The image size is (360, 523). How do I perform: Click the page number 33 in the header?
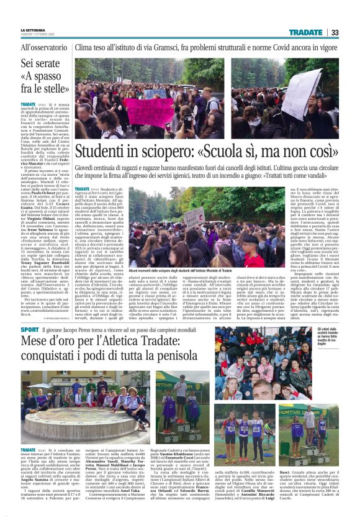[335, 32]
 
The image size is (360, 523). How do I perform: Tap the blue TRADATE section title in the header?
[305, 32]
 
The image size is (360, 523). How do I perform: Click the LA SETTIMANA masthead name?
[35, 29]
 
